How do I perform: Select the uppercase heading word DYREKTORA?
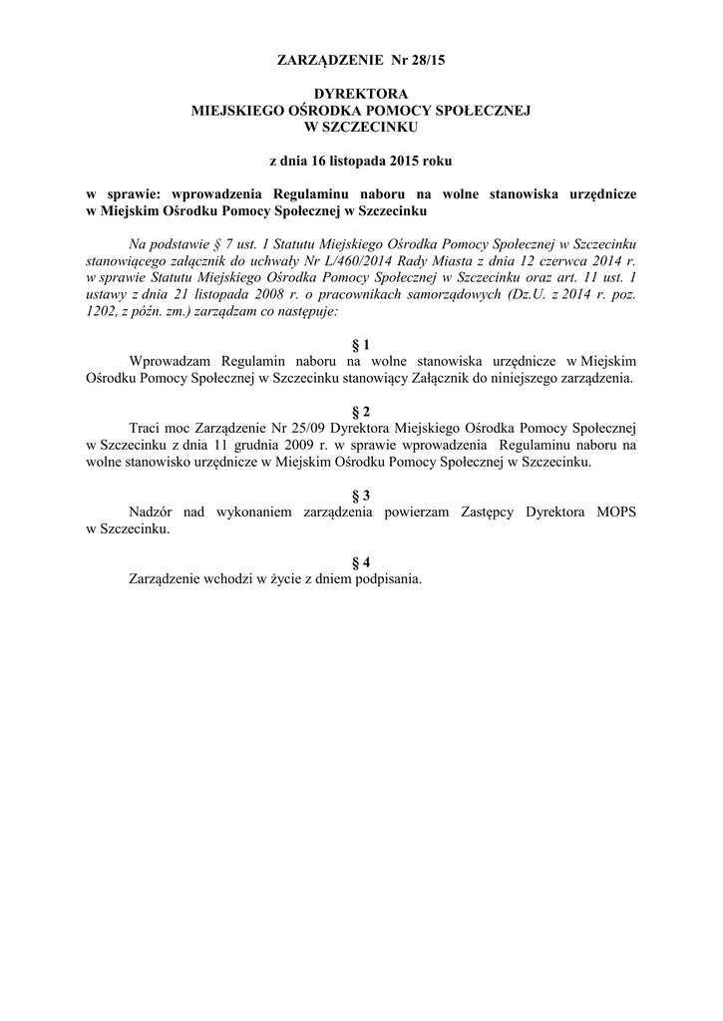[x=360, y=93]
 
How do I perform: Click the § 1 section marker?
[x=361, y=344]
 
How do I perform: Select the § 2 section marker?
[x=361, y=412]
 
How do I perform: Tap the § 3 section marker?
[x=361, y=495]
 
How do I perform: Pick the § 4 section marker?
[x=361, y=562]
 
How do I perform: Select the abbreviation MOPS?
[x=616, y=511]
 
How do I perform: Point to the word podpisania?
[x=388, y=579]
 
